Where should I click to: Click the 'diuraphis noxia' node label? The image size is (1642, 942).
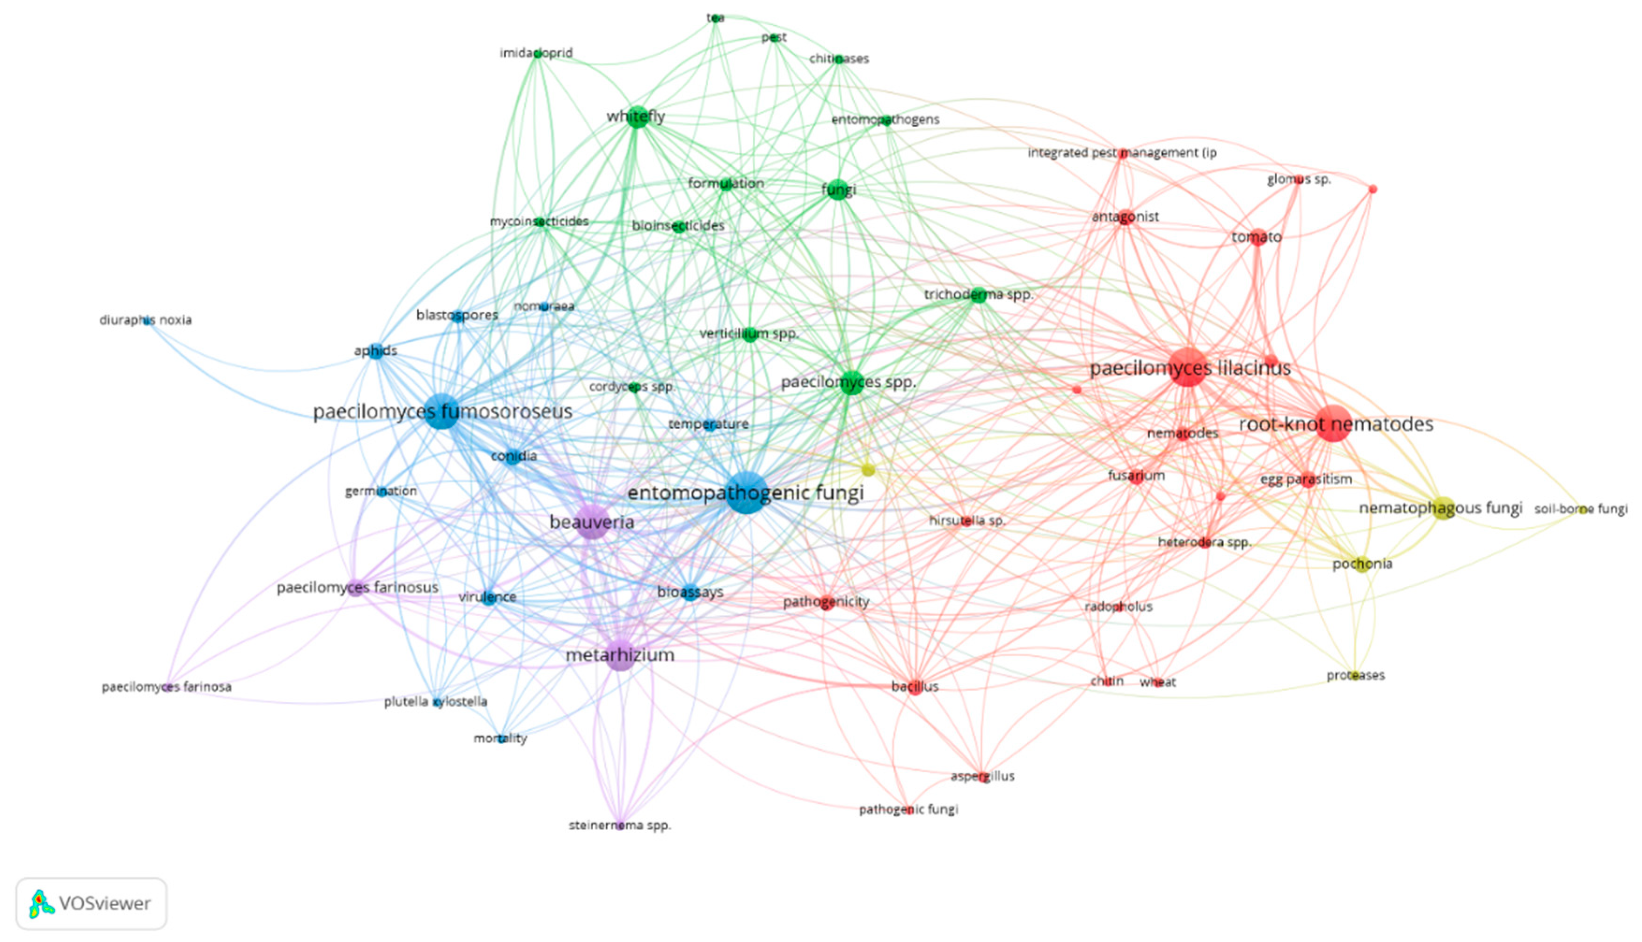tap(145, 320)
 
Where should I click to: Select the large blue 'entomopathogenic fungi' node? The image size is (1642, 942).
tap(748, 493)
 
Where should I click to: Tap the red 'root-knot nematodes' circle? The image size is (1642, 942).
tap(1333, 424)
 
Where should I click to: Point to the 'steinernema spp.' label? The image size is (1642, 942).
tap(619, 826)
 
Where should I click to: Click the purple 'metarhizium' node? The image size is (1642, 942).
tap(620, 656)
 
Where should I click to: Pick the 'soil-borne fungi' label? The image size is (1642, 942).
tap(1581, 509)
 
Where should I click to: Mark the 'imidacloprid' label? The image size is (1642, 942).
tap(536, 53)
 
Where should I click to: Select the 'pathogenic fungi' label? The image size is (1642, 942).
tap(908, 809)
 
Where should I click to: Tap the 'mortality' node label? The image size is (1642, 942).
tap(500, 738)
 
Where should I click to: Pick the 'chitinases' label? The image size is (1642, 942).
tap(839, 59)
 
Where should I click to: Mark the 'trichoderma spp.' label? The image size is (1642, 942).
tap(978, 295)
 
